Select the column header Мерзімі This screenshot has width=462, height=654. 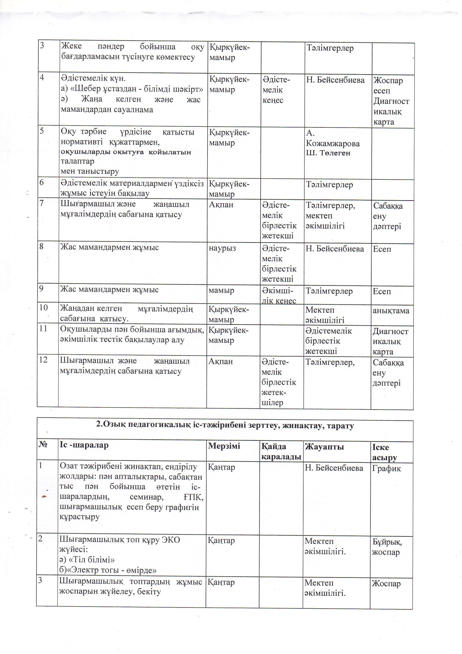[224, 446]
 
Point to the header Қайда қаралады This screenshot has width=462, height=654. [281, 451]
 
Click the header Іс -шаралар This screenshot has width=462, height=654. [84, 445]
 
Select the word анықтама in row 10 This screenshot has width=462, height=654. [391, 311]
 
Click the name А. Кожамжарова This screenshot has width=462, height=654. [332, 138]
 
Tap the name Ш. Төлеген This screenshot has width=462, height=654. [328, 153]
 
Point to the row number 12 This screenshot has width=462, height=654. [43, 360]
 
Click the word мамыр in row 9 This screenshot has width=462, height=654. [221, 291]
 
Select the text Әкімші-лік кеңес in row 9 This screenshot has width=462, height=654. [278, 296]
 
